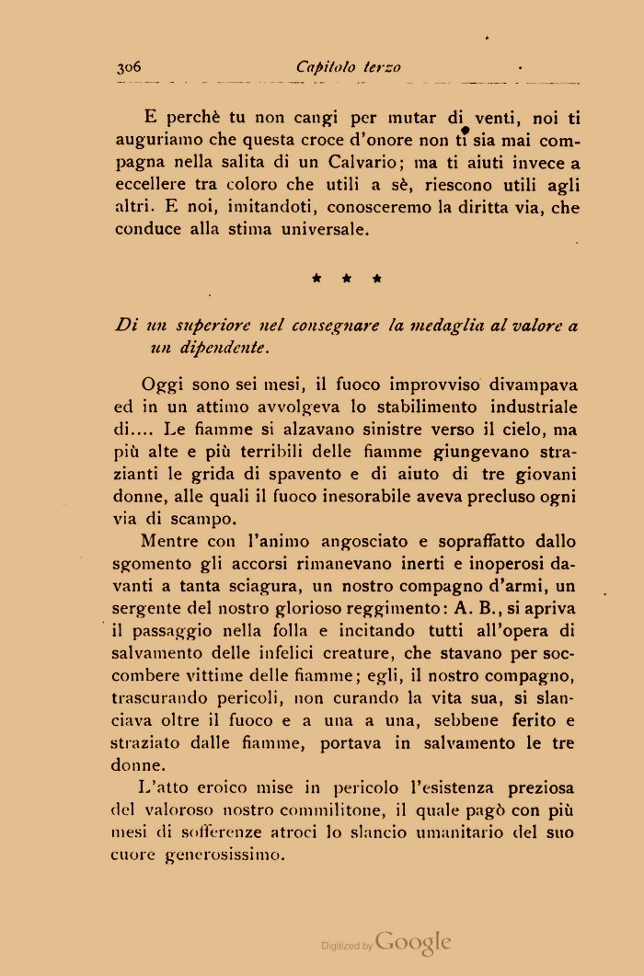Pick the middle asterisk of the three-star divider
[x=347, y=276]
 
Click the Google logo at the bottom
[x=413, y=942]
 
